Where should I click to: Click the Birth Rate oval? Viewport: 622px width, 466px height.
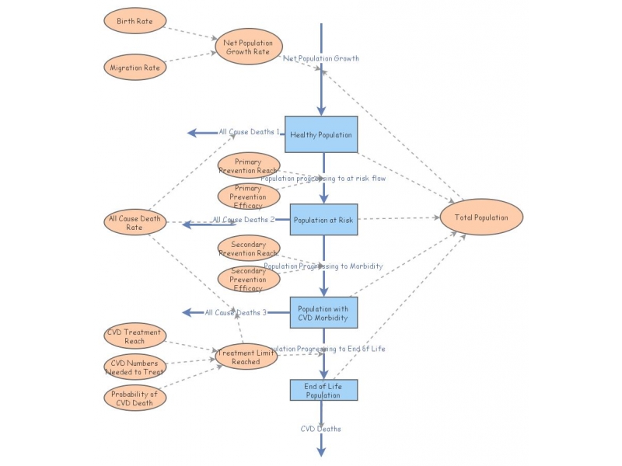(135, 21)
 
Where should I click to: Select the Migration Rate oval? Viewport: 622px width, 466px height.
(135, 68)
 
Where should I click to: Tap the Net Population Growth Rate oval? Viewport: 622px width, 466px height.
(248, 47)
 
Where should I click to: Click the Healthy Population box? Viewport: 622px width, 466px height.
(321, 135)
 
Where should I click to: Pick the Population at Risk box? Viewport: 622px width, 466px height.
(323, 220)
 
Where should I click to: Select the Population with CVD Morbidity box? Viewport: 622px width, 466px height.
(323, 314)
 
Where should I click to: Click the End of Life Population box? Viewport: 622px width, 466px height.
(323, 390)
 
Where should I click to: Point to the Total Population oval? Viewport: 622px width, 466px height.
(481, 217)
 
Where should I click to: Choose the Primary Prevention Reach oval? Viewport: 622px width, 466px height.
(248, 165)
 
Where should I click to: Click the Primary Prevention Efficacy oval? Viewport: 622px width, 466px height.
(248, 197)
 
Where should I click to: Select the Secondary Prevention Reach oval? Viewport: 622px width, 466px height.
(248, 249)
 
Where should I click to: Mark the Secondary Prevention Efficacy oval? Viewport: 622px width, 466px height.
(248, 279)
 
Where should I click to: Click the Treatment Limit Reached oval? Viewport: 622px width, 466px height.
(246, 357)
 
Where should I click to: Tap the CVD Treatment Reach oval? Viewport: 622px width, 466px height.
(135, 336)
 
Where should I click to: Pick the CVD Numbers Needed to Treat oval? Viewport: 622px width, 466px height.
(135, 367)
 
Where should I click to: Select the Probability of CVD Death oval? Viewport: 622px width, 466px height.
(135, 398)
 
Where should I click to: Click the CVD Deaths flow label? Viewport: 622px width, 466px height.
(321, 429)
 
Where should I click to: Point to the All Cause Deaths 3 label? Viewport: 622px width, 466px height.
(236, 312)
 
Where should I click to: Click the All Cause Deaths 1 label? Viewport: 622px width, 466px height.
(249, 132)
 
